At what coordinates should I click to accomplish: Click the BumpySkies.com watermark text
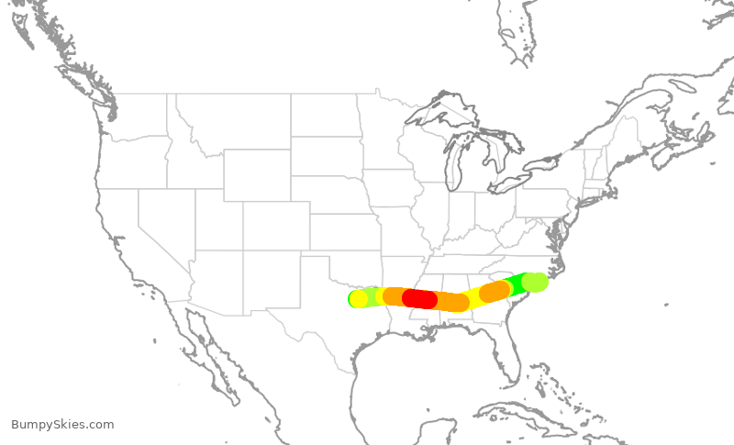point(62,425)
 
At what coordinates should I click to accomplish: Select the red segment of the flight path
point(419,298)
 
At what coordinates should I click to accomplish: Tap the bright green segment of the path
point(516,284)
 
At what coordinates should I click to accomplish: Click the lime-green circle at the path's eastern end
point(534,283)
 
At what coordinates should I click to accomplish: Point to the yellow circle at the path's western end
point(359,298)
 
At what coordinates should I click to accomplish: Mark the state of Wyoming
point(257,174)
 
